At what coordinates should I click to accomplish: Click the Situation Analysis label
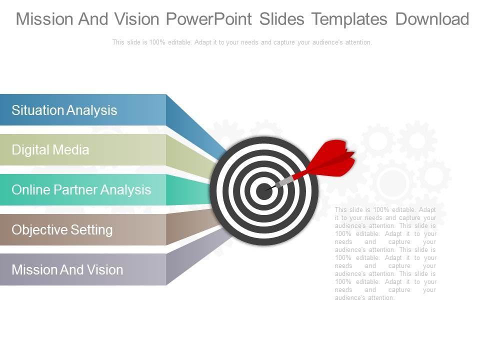click(64, 110)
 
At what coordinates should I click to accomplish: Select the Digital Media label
click(50, 150)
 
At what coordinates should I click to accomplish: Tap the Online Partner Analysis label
click(81, 190)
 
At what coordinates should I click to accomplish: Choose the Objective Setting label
click(62, 230)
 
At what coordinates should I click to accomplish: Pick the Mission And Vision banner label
click(67, 270)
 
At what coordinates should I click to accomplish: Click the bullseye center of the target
click(263, 191)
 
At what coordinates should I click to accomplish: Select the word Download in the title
click(432, 19)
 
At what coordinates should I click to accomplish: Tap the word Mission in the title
click(45, 19)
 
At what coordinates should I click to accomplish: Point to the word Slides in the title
click(282, 19)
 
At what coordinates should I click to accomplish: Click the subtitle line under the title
click(242, 42)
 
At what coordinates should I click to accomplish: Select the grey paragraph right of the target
click(385, 253)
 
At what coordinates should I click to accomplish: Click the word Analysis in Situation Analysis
click(92, 110)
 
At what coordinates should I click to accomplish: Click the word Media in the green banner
click(72, 150)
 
